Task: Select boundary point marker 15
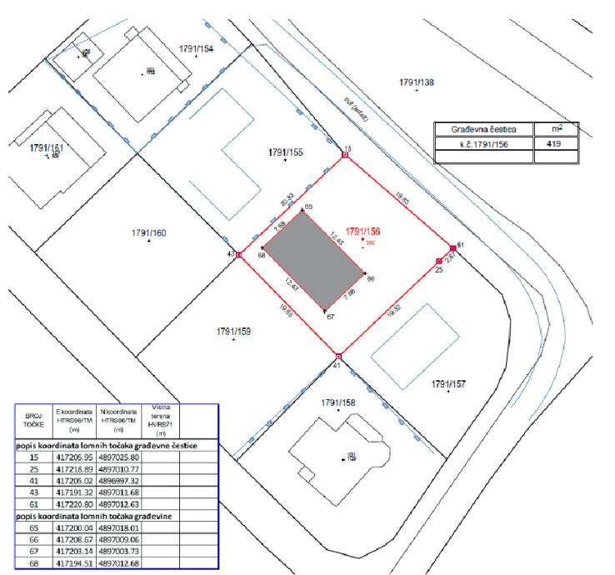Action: click(346, 155)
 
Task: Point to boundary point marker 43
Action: click(239, 255)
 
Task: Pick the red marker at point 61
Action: click(452, 247)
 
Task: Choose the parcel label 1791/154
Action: click(196, 49)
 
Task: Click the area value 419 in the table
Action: click(552, 144)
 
